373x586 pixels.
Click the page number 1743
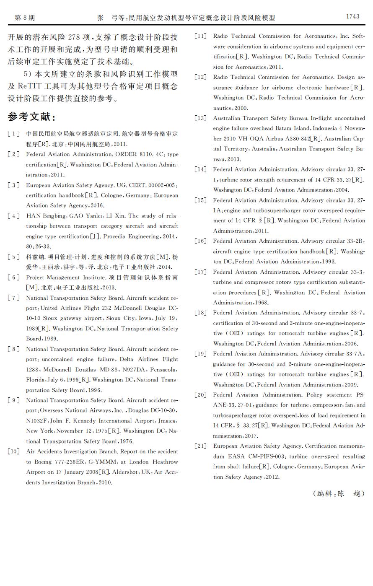coord(352,16)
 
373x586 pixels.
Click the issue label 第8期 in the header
coord(25,18)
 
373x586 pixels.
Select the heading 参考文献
coord(31,117)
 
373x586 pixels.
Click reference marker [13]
coord(201,118)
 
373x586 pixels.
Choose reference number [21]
coord(201,446)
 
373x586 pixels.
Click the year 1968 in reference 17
coord(262,303)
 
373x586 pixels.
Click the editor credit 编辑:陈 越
coord(339,493)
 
